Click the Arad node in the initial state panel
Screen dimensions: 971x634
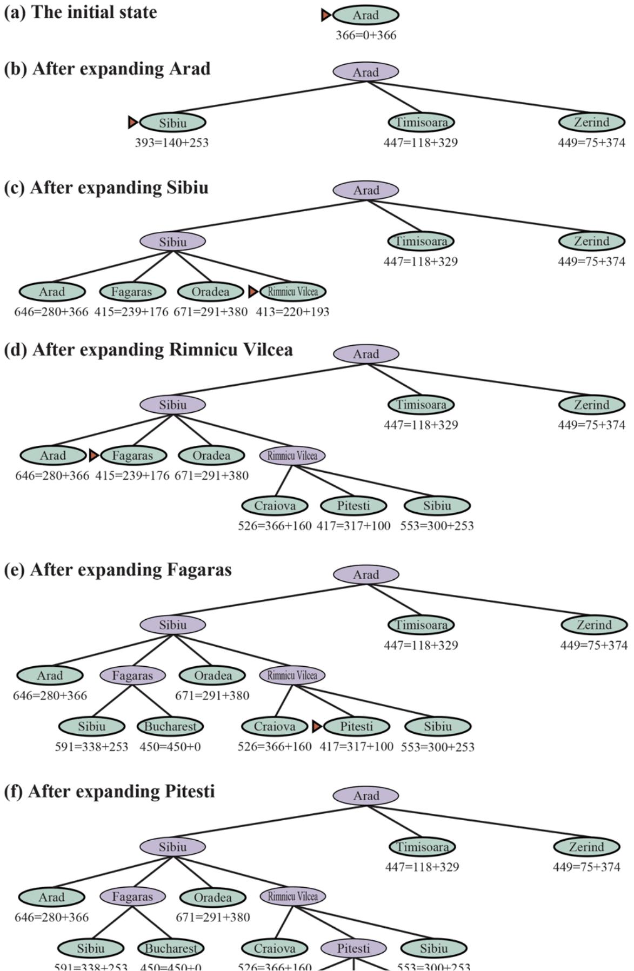pos(366,15)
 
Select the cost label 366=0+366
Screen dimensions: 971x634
pos(366,35)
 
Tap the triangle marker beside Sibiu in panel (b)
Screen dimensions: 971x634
pos(132,123)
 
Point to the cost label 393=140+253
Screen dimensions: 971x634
pos(171,143)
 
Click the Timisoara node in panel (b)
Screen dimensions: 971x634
pos(421,123)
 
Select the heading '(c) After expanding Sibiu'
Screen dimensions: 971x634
pos(106,187)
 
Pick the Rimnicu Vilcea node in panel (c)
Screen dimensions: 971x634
pos(292,292)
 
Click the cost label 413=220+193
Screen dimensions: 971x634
pos(292,312)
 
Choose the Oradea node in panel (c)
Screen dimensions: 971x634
pos(210,292)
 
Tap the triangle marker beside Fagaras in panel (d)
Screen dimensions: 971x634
pos(94,456)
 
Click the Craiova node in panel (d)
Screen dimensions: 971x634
pos(275,506)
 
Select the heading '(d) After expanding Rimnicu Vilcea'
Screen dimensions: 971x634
pos(148,350)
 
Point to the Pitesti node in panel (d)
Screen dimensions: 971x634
pos(353,506)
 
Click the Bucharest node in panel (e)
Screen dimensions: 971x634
pos(170,727)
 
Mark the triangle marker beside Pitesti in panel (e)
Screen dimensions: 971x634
pos(317,727)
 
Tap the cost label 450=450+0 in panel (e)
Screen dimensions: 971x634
pos(170,747)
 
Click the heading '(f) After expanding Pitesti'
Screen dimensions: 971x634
pos(109,792)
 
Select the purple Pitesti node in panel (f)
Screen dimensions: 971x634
pos(353,948)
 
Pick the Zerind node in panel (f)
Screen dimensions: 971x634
pos(586,847)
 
